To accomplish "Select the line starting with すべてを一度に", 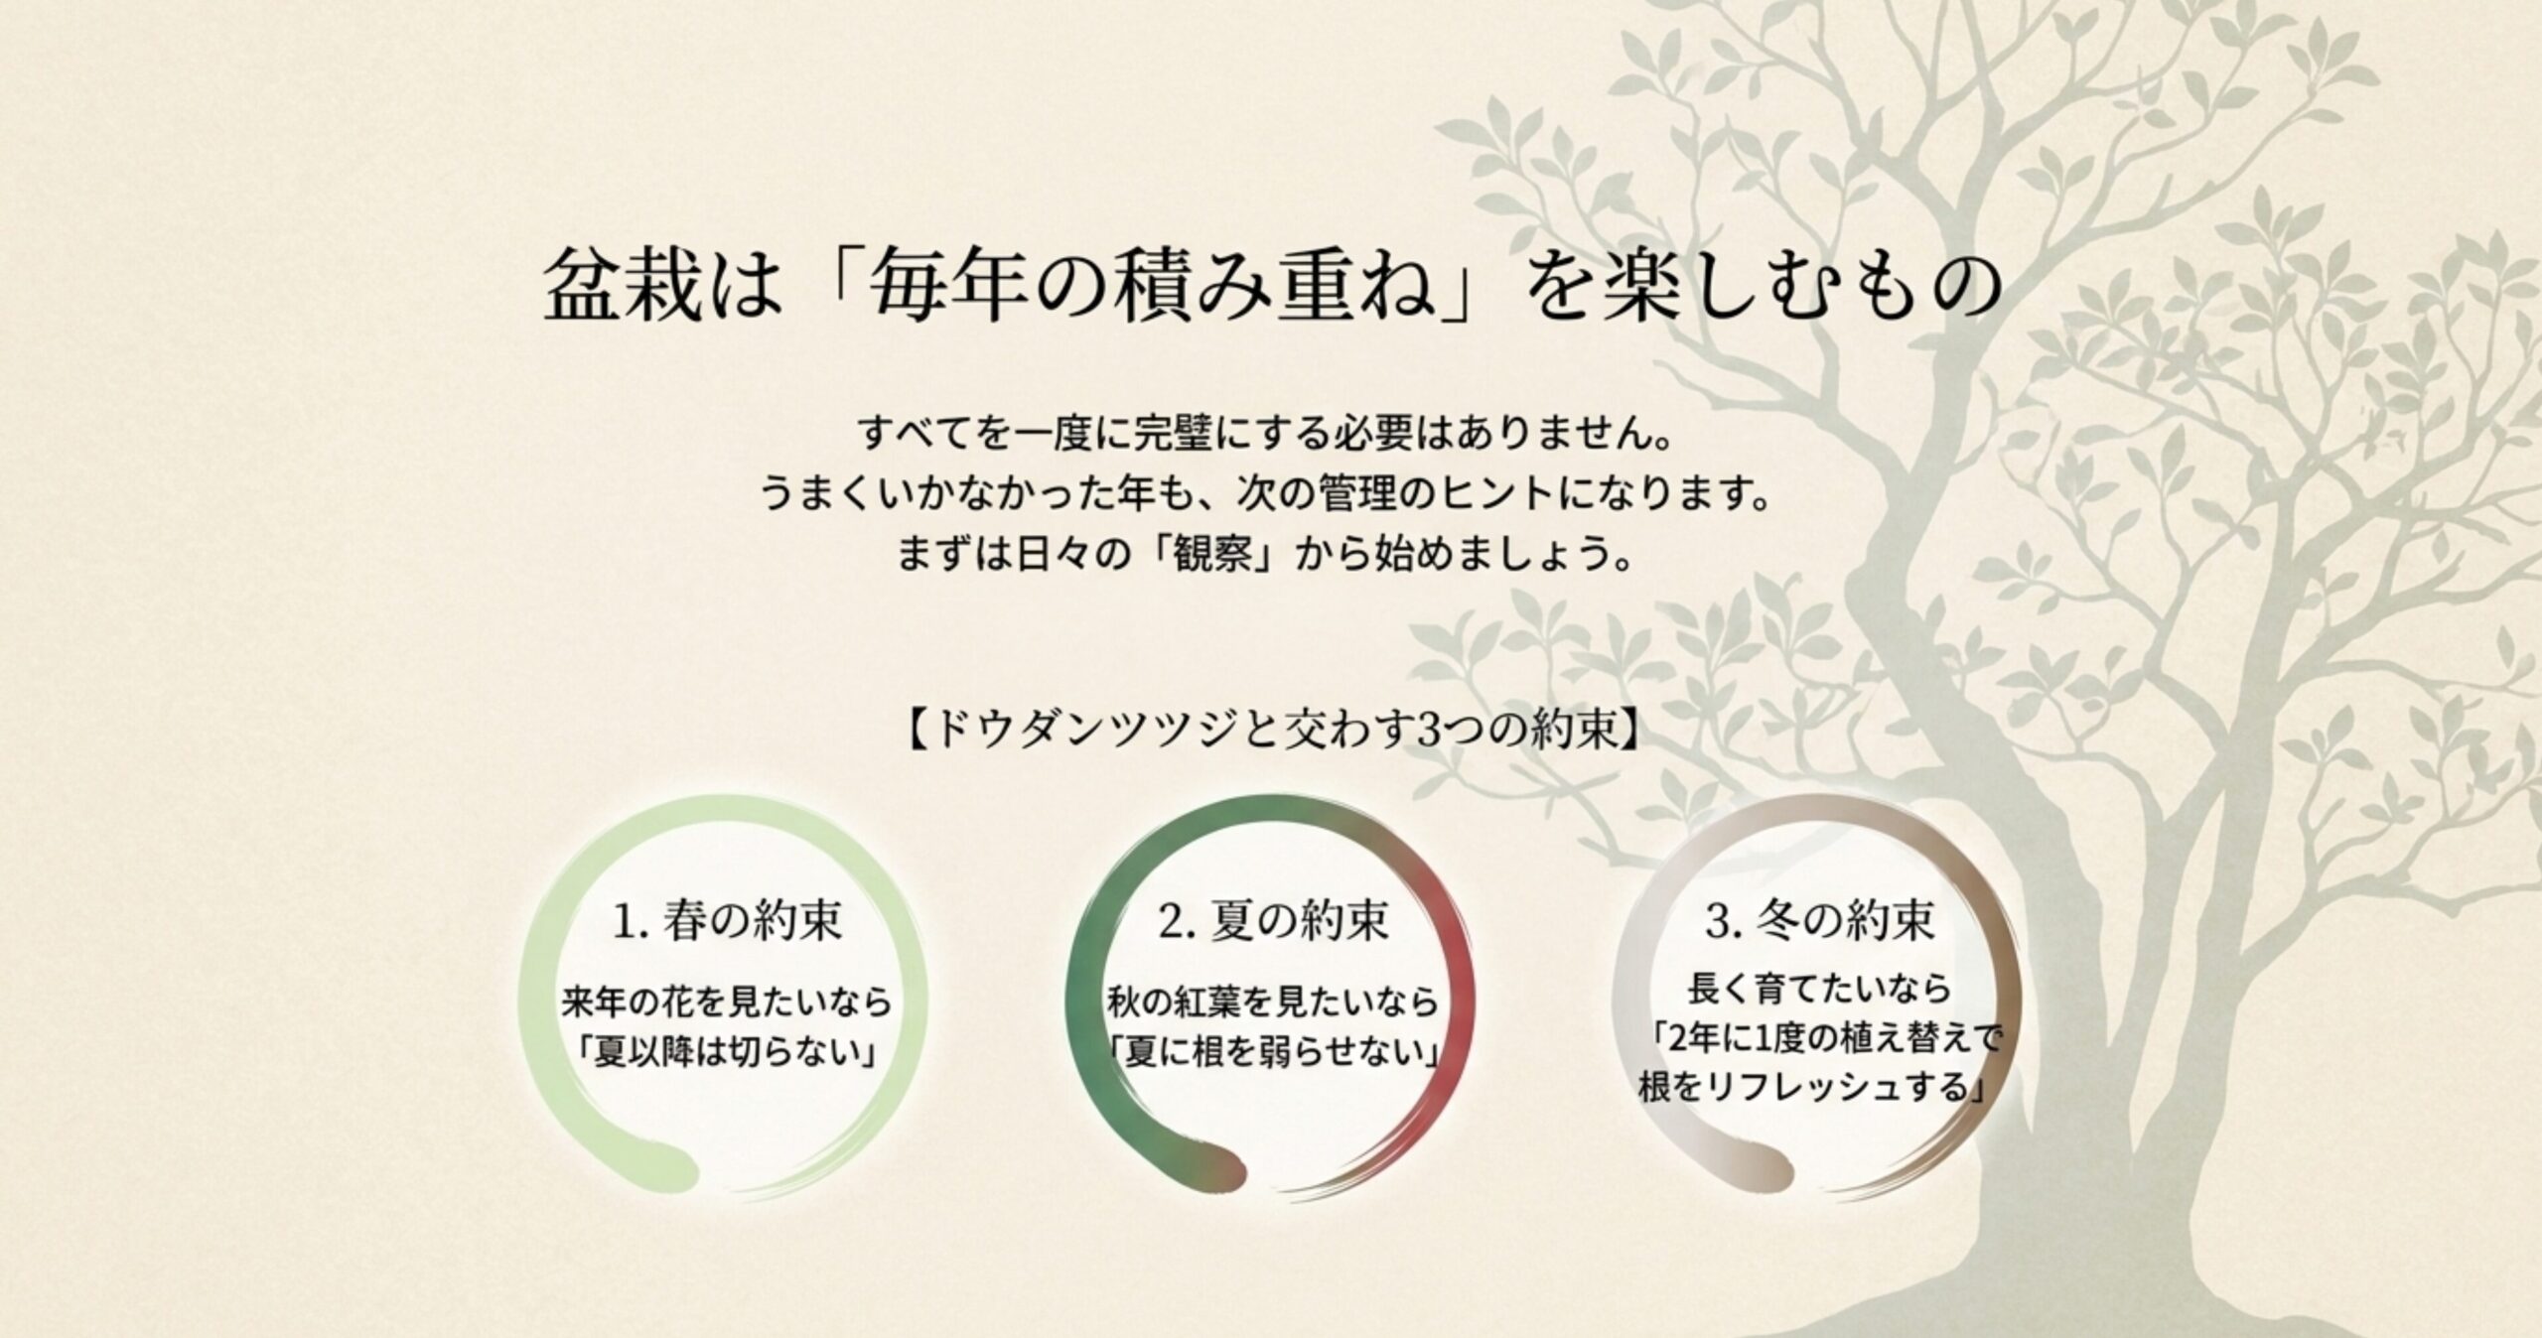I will point(1270,434).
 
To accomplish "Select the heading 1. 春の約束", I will point(728,921).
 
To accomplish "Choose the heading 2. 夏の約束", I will point(1273,921).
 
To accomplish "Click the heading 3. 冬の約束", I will point(1820,921).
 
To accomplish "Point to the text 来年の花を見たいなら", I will point(728,1003).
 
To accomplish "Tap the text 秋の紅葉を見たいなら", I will point(1273,1003).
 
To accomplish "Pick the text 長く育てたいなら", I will point(1820,989).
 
